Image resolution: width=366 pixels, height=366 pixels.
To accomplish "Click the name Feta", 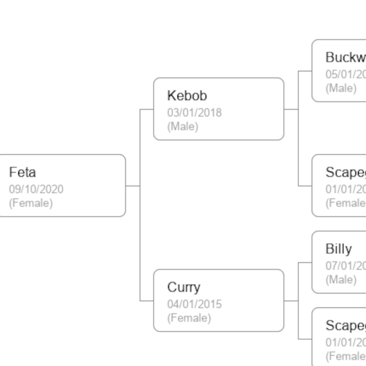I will click(x=23, y=173).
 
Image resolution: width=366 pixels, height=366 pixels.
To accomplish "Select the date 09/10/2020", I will click(x=36, y=189).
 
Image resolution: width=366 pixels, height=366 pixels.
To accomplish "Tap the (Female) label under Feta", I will click(x=31, y=203).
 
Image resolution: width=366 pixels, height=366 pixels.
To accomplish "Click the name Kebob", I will click(x=187, y=96).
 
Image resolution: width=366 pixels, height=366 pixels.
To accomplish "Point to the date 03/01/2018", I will click(x=195, y=113).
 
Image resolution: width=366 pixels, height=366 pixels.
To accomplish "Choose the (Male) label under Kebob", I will click(x=183, y=127).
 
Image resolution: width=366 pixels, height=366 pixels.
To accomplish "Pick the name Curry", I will click(x=184, y=287).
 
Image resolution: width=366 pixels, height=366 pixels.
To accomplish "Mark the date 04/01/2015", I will click(x=195, y=304).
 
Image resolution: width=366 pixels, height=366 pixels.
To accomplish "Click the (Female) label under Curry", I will click(x=190, y=318).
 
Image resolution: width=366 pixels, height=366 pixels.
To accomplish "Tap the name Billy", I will click(x=339, y=249).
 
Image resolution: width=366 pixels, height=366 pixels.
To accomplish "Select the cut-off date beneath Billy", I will click(x=345, y=265).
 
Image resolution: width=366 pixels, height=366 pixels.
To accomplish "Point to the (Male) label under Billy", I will click(x=341, y=279).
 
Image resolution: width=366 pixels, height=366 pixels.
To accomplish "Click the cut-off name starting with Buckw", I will click(x=345, y=58).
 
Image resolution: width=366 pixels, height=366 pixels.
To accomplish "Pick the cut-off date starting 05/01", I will click(x=345, y=74).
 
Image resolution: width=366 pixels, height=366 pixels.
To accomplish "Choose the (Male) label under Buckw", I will click(x=341, y=88).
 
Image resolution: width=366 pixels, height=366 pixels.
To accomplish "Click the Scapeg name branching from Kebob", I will click(x=345, y=172).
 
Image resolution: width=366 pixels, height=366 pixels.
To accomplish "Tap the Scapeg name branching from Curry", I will click(x=345, y=325).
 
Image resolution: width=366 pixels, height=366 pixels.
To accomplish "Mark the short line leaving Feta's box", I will click(x=132, y=185).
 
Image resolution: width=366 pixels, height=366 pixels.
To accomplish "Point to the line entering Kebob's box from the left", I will click(x=147, y=109).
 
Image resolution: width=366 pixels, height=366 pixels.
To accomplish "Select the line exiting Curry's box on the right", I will click(x=291, y=301).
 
